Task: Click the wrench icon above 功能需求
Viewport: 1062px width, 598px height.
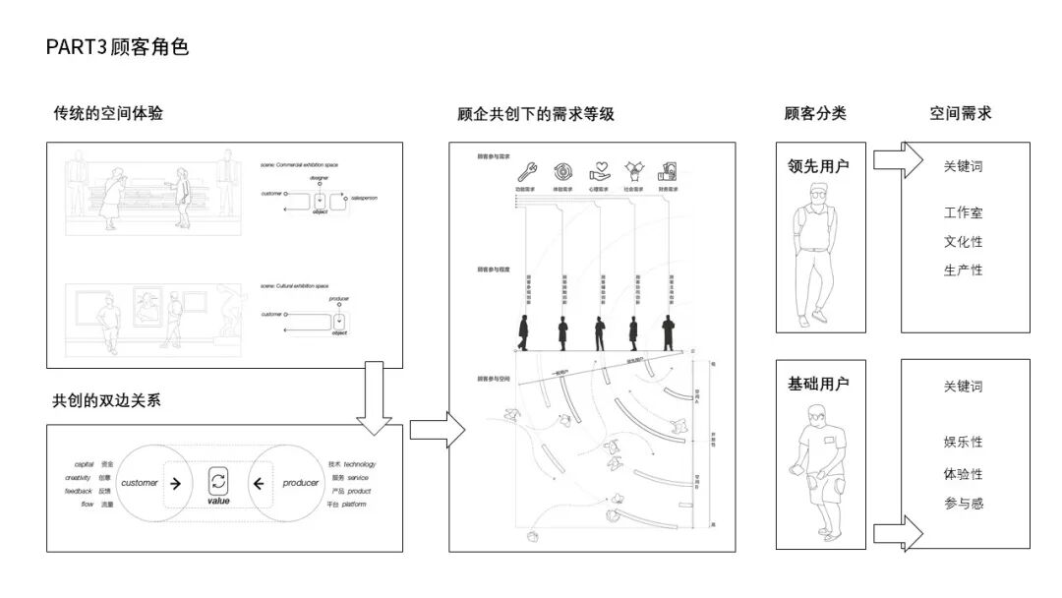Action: [x=525, y=169]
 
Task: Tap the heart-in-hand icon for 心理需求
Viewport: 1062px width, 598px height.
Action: [x=600, y=169]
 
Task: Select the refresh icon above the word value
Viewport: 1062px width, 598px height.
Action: [x=218, y=482]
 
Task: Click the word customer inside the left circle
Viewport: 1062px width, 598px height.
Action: [x=140, y=483]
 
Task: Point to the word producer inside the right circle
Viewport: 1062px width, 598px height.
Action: [x=301, y=483]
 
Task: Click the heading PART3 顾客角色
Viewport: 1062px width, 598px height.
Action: [x=117, y=46]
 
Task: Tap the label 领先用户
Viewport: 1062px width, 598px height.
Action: [x=818, y=165]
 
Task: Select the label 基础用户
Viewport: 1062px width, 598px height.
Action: [x=818, y=383]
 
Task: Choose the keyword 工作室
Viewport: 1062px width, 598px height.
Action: [x=963, y=212]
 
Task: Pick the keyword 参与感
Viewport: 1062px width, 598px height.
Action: [x=963, y=504]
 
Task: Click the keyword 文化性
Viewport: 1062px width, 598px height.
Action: [x=963, y=241]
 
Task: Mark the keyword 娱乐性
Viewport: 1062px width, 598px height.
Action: [x=963, y=442]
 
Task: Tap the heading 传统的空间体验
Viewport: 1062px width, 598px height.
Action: [x=108, y=113]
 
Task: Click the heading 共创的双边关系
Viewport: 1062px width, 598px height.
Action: [x=106, y=400]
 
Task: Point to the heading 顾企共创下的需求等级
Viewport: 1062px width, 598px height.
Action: [x=536, y=114]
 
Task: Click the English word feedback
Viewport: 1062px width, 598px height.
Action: [x=79, y=491]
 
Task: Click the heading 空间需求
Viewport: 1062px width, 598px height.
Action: [x=961, y=113]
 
